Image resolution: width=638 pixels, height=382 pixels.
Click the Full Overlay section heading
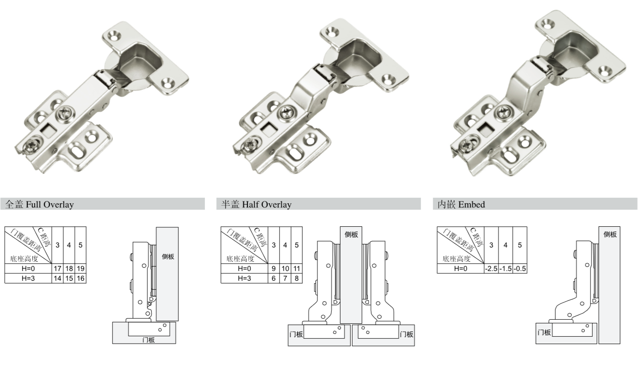coord(40,205)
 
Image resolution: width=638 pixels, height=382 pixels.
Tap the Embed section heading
coord(461,205)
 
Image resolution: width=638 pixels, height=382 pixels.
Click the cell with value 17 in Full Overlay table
coord(57,268)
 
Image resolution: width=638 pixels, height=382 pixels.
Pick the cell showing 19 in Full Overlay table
coord(81,268)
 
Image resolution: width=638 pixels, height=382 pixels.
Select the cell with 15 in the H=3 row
coord(69,278)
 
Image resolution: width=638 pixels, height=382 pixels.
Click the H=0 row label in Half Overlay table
coord(244,268)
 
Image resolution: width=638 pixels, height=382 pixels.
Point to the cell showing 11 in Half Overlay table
coord(297,268)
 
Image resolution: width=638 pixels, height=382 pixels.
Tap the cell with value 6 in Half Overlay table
coord(274,278)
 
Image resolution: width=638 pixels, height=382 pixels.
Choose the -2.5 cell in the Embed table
coord(491,268)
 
